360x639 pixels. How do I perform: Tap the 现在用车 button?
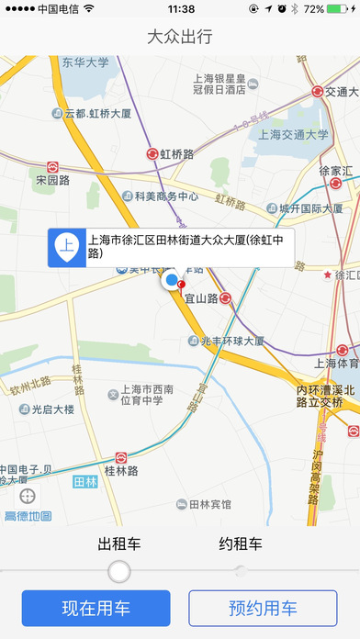point(96,608)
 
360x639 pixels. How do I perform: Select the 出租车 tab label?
point(119,544)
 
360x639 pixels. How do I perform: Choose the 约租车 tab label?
point(241,544)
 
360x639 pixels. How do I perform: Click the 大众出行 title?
point(180,38)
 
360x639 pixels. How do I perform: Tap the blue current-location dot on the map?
point(171,279)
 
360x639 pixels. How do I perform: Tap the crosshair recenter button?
point(28,495)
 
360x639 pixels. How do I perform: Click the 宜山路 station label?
point(200,298)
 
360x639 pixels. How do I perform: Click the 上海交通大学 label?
point(294,134)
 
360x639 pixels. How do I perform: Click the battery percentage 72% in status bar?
point(313,9)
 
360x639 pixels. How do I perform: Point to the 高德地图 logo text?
point(28,516)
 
